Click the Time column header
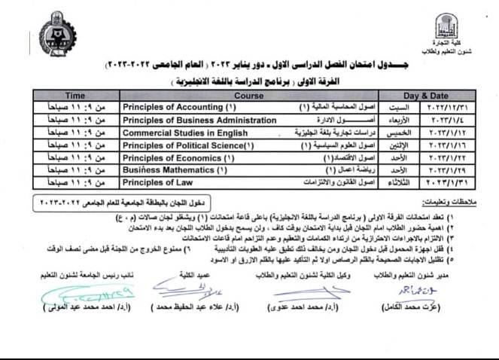pos(75,96)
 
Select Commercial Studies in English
pos(175,133)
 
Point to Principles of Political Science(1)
pos(178,145)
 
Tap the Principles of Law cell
pos(151,182)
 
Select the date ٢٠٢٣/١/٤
pos(452,121)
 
